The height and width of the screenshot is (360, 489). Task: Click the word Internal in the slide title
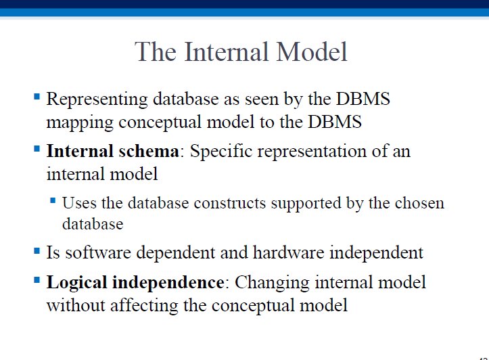(227, 51)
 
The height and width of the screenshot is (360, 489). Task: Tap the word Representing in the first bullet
(97, 100)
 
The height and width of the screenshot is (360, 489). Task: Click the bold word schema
(149, 151)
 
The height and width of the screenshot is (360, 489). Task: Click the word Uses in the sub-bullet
(79, 203)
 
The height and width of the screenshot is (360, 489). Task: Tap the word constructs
(230, 204)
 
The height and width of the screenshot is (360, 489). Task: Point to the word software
(98, 252)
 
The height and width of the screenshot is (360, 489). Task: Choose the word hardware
(289, 252)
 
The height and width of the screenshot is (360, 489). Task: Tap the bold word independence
(168, 283)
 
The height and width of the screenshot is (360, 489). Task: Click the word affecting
(144, 305)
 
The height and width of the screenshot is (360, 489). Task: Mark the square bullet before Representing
(37, 96)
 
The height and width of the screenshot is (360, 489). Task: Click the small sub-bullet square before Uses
(53, 200)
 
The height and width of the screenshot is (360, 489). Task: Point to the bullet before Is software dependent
(37, 250)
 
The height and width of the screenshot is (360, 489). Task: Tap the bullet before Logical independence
(37, 279)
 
